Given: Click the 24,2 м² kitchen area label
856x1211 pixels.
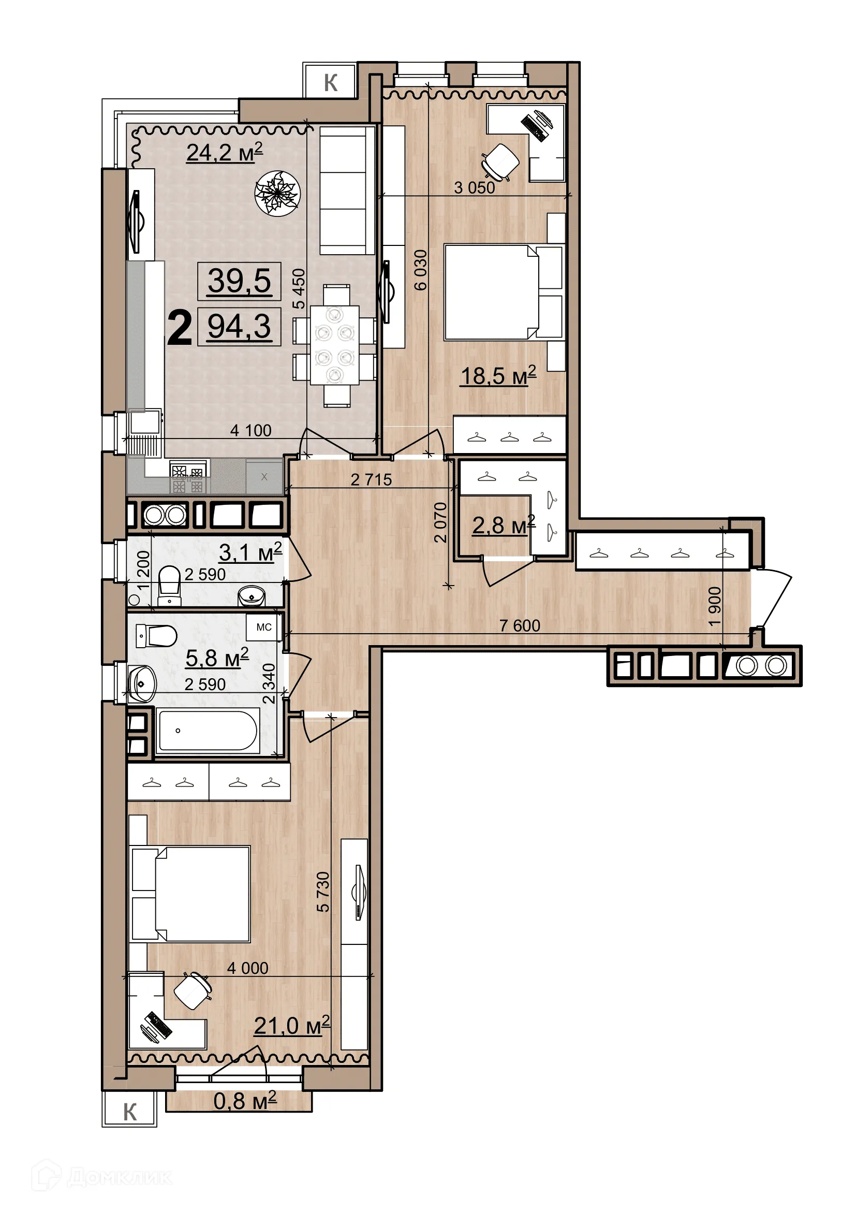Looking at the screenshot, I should pyautogui.click(x=225, y=152).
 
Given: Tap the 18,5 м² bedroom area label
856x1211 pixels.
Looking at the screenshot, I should pyautogui.click(x=498, y=375).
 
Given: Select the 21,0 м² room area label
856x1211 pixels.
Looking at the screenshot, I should pyautogui.click(x=291, y=1025).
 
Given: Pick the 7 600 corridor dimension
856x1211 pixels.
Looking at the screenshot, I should pyautogui.click(x=519, y=625).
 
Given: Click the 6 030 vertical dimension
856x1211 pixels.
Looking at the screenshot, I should pyautogui.click(x=421, y=270).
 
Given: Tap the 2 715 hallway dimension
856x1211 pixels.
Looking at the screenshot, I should pyautogui.click(x=371, y=479).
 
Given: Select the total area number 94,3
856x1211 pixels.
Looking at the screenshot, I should pyautogui.click(x=239, y=327).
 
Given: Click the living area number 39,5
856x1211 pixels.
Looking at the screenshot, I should pyautogui.click(x=239, y=281).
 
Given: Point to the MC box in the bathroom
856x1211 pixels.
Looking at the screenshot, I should pyautogui.click(x=263, y=627).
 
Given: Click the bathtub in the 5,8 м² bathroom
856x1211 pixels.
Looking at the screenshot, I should pyautogui.click(x=208, y=731).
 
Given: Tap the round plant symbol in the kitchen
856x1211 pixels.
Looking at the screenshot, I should pyautogui.click(x=277, y=193).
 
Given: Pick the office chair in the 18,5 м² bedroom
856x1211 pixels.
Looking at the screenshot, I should pyautogui.click(x=500, y=162).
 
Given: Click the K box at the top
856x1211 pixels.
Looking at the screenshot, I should pyautogui.click(x=331, y=82).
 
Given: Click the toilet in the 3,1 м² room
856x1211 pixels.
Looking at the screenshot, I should pyautogui.click(x=169, y=583).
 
